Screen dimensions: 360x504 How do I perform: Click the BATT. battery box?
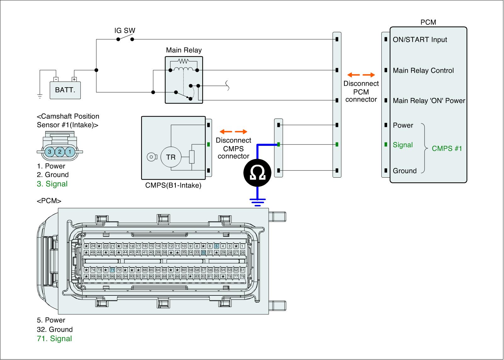pos(65,90)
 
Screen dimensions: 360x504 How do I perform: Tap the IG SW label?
pos(124,31)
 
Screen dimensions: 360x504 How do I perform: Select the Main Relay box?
pos(184,80)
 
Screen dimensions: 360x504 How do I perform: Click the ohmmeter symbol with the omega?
pos(257,173)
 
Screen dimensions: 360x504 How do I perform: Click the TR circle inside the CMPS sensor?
pos(171,157)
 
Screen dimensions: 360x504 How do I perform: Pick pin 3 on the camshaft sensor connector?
pos(49,152)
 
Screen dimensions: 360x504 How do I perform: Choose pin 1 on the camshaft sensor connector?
pos(70,152)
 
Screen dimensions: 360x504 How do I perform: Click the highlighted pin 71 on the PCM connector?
pos(112,270)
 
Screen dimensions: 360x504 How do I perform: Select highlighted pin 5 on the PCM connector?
pos(216,246)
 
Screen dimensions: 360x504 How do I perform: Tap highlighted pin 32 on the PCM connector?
pos(203,252)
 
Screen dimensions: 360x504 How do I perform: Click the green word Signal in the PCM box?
pos(403,145)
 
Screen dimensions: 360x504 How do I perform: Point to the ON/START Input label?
pos(420,40)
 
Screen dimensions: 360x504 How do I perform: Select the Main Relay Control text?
pos(423,71)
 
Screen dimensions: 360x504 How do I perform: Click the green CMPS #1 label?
pos(447,148)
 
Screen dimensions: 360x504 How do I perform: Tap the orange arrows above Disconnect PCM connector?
pos(361,75)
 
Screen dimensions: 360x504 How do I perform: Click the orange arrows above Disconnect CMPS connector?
pos(233,132)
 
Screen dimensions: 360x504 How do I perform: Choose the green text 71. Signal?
pos(54,339)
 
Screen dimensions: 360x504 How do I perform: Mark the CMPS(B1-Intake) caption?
pos(173,185)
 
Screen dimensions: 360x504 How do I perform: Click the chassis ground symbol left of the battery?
pos(40,96)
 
